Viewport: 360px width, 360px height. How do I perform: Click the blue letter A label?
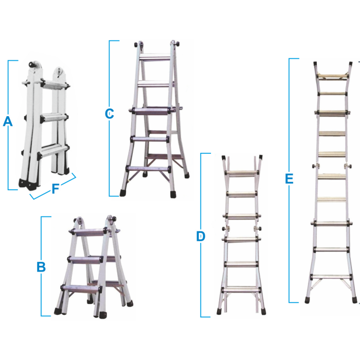point(8,121)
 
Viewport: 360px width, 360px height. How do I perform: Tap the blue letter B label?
point(41,267)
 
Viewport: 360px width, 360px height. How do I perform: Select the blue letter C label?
point(109,114)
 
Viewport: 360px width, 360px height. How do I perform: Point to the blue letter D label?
point(201,237)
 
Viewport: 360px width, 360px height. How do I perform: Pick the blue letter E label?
point(289,178)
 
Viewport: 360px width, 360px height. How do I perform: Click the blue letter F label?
point(56,189)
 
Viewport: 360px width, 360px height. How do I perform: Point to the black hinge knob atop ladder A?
point(32,64)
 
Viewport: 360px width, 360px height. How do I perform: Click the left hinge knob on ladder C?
point(137,44)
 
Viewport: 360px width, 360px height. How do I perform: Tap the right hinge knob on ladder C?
point(176,44)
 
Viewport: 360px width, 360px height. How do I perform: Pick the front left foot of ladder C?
point(123,193)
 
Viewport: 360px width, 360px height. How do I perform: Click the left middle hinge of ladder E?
point(315,165)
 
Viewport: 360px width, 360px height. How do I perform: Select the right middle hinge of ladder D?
point(258,229)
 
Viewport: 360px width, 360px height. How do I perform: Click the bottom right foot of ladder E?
point(354,300)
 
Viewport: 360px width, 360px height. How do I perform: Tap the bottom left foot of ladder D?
point(219,312)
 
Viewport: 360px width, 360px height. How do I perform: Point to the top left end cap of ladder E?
point(315,64)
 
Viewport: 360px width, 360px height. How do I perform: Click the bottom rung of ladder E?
point(332,277)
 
